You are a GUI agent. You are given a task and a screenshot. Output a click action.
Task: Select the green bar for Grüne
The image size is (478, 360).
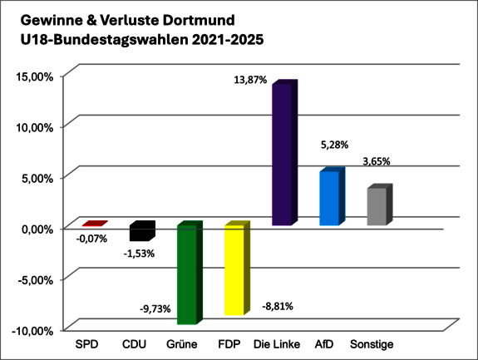point(186,274)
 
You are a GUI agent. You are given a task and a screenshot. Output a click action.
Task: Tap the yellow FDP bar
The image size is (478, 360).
point(234,270)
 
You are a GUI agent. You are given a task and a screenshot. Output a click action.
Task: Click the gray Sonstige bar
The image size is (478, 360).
point(377,206)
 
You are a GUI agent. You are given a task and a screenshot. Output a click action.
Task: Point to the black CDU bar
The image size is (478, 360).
point(140,232)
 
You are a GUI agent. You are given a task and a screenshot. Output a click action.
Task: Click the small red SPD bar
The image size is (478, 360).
point(93,224)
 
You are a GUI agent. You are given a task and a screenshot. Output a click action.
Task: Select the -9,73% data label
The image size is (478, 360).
point(155,308)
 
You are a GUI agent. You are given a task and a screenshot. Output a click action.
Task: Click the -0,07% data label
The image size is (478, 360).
point(91,239)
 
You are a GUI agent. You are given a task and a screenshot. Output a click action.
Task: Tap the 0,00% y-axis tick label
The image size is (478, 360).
point(36,228)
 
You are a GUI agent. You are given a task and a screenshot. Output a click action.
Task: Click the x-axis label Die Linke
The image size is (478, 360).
point(273,344)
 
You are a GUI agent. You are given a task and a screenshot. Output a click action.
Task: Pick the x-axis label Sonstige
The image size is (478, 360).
point(372,344)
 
